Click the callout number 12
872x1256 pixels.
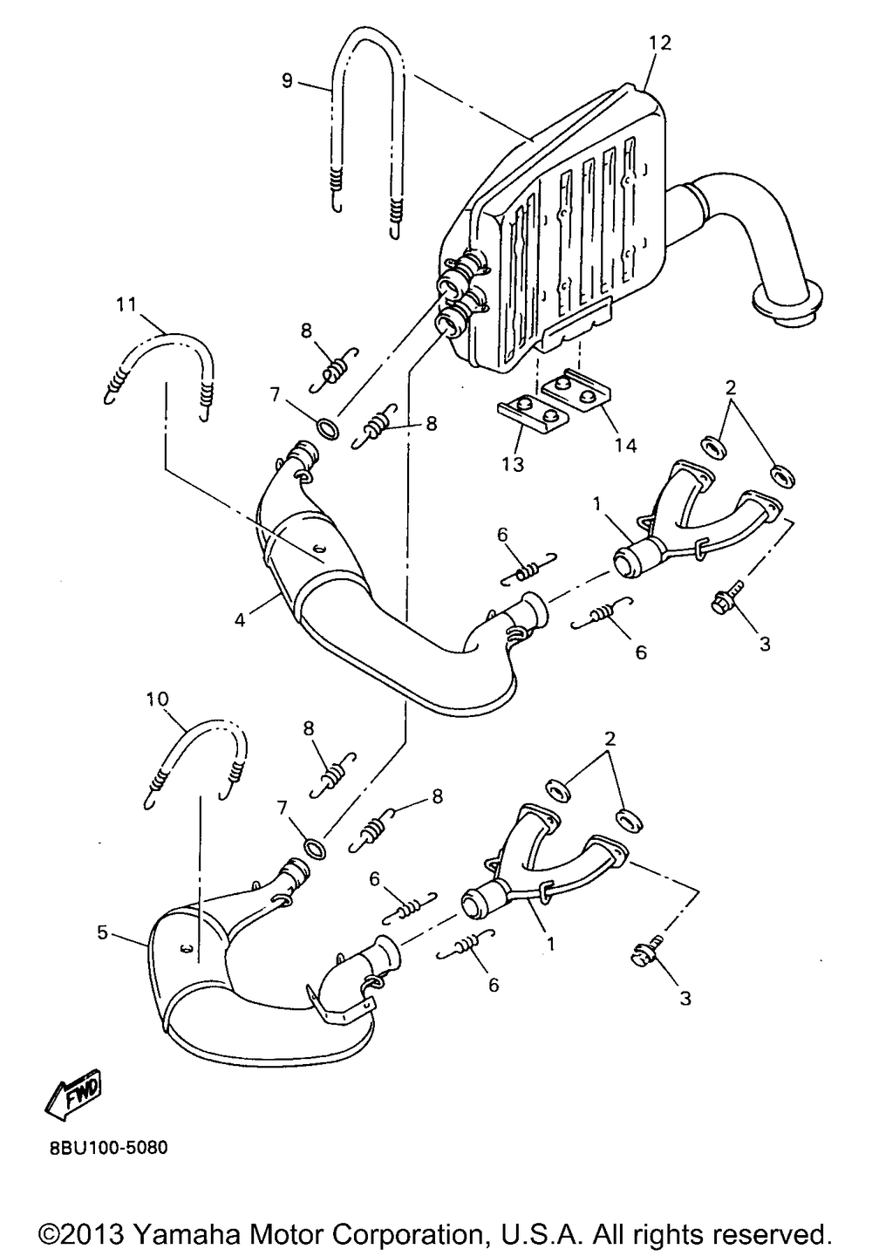coord(660,43)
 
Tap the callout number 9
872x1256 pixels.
coord(287,80)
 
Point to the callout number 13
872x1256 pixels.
coord(513,464)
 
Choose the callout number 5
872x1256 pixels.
coord(103,932)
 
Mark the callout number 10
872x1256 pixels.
coord(157,700)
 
